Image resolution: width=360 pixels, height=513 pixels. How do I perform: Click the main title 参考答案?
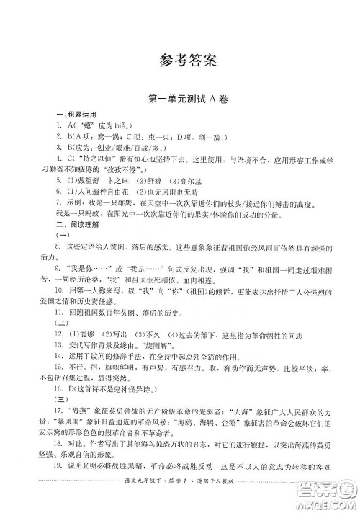[x=180, y=59]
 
